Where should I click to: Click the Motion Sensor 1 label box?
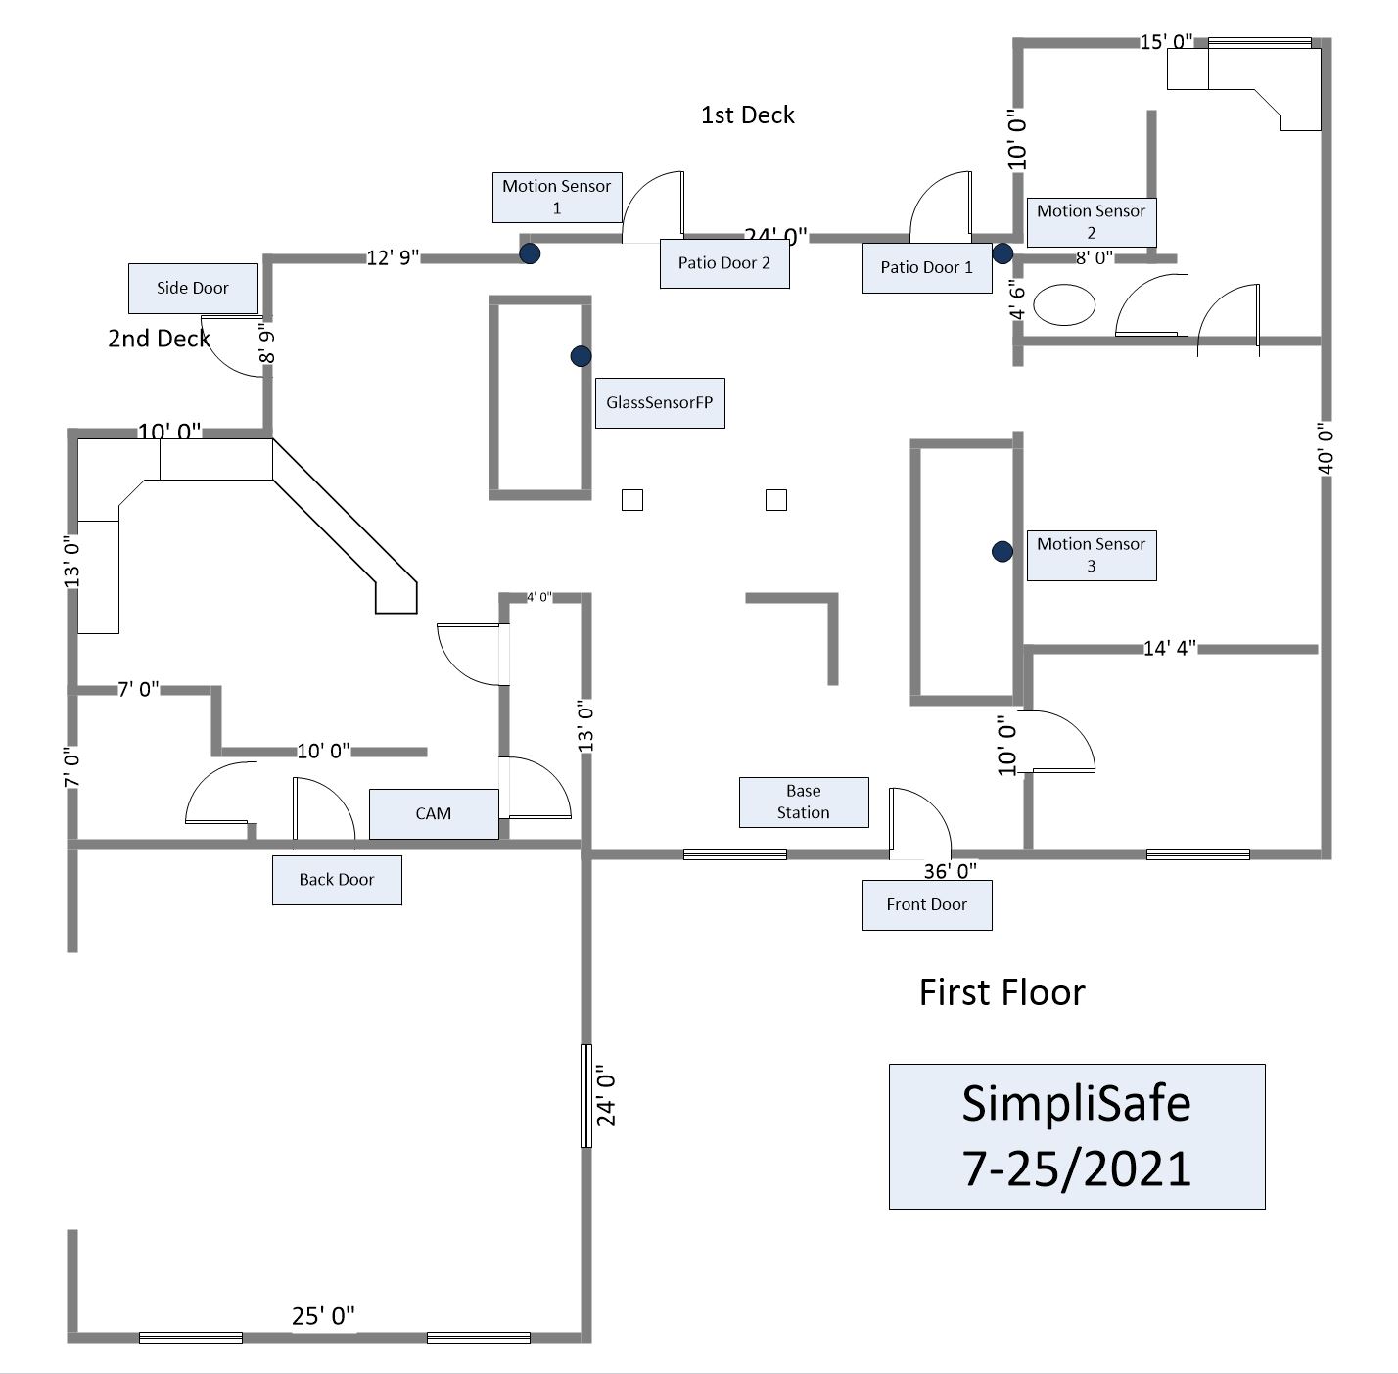557,197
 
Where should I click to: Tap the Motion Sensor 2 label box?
1091,222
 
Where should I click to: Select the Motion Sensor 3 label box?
1091,555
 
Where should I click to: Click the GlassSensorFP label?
660,402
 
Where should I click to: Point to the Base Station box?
803,801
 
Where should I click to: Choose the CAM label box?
433,813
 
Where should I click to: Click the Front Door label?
926,904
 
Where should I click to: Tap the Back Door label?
337,879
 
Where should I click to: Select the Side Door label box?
193,288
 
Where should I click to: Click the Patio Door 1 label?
926,267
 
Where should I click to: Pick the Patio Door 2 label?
724,263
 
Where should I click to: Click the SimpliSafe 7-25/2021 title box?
1076,1136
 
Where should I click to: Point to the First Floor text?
1002,992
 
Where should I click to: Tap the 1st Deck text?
747,114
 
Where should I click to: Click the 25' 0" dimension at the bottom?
323,1316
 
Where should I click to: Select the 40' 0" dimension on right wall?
1326,448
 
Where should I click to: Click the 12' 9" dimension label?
393,257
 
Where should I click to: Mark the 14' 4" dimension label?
1169,648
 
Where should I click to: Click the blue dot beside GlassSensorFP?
581,356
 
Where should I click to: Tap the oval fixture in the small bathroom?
1064,304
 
